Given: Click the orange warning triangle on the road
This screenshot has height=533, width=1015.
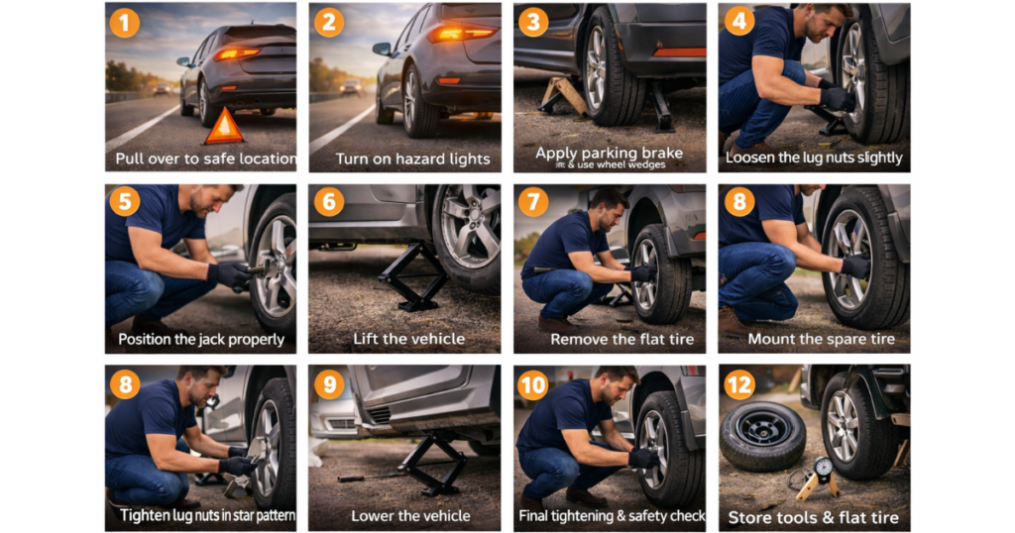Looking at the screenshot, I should [223, 127].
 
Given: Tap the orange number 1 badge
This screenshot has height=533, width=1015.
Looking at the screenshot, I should [124, 21].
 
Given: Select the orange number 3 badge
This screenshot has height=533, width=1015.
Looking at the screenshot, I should [532, 21].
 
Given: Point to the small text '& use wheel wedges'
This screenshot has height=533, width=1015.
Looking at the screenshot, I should [609, 164].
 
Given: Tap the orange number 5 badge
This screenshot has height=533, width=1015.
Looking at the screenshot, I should [124, 202].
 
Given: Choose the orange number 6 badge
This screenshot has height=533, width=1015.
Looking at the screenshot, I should [328, 202].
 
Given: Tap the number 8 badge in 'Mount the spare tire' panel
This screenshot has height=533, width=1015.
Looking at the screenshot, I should [738, 202].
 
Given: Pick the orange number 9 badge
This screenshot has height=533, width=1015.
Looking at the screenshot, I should [328, 383].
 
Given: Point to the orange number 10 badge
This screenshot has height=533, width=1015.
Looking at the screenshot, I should [532, 383].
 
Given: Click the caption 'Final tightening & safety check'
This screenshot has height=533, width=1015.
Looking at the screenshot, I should [612, 515].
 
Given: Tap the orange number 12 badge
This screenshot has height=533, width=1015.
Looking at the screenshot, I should [738, 383].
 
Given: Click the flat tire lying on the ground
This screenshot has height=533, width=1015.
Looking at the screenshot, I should [762, 434].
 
